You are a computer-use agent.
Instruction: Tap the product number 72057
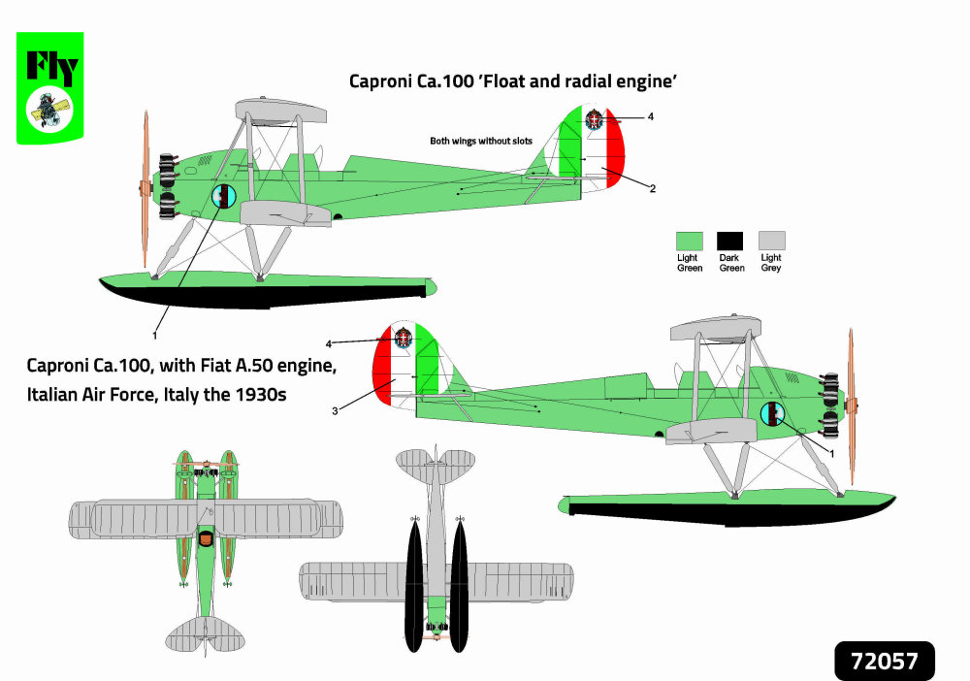click(x=884, y=662)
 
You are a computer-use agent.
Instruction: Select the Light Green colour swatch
click(x=690, y=241)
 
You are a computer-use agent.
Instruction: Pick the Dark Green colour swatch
click(x=729, y=241)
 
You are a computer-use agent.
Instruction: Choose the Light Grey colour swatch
click(x=771, y=241)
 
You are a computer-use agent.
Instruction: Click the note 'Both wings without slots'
click(x=481, y=142)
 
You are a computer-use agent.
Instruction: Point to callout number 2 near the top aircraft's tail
click(x=653, y=188)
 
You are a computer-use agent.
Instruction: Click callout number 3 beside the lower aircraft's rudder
click(x=334, y=411)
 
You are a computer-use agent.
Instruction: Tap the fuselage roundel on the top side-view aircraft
click(x=224, y=197)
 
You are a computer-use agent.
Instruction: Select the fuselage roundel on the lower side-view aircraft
click(x=772, y=414)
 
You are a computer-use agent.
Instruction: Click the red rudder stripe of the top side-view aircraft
click(x=617, y=160)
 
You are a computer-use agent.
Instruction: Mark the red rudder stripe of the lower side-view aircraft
click(x=383, y=373)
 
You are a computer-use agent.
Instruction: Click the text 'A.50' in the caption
click(x=257, y=368)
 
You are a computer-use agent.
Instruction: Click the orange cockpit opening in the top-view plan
click(x=205, y=536)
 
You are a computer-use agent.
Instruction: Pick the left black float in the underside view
click(x=413, y=587)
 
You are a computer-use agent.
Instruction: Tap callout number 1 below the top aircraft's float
click(x=154, y=335)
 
